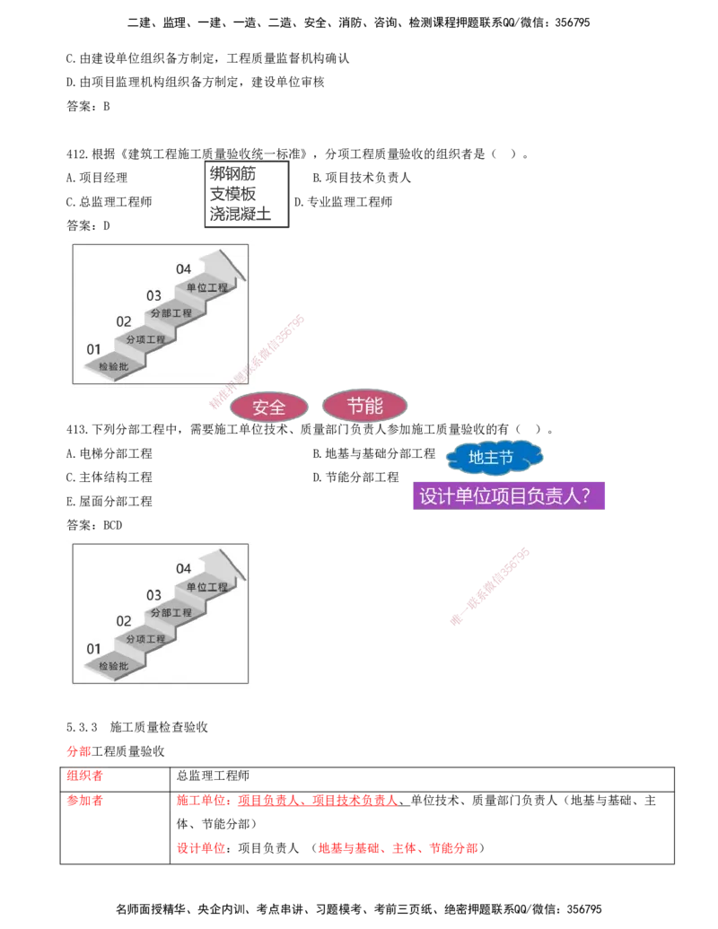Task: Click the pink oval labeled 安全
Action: pyautogui.click(x=268, y=407)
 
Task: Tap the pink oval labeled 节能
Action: pyautogui.click(x=364, y=406)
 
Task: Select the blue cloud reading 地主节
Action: pyautogui.click(x=494, y=458)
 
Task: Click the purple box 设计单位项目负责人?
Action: pyautogui.click(x=508, y=495)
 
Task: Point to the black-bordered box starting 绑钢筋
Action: pyautogui.click(x=247, y=194)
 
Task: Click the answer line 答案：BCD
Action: pyautogui.click(x=94, y=525)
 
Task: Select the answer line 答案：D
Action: pyautogui.click(x=88, y=225)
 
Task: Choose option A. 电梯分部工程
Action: pyautogui.click(x=109, y=454)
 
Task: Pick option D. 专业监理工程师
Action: pyautogui.click(x=343, y=202)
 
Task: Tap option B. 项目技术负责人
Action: pyautogui.click(x=362, y=178)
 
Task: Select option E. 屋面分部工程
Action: pyautogui.click(x=109, y=501)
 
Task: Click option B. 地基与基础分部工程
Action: pyautogui.click(x=374, y=454)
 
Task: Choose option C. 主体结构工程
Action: pyautogui.click(x=109, y=478)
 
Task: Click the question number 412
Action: pyautogui.click(x=76, y=154)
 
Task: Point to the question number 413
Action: pyautogui.click(x=76, y=430)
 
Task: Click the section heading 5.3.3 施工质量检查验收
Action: pyautogui.click(x=136, y=727)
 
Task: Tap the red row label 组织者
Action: pyautogui.click(x=84, y=776)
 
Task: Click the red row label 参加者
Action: pyautogui.click(x=84, y=801)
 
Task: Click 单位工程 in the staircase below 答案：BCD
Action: pyautogui.click(x=206, y=587)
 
